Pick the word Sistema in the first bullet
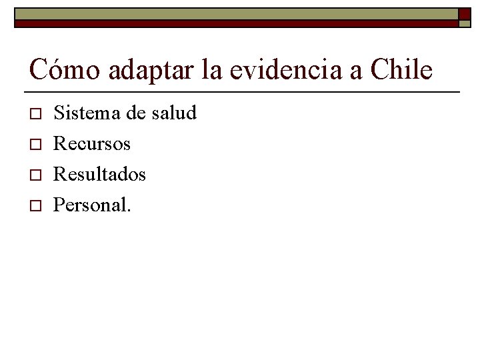[85, 113]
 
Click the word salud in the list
[174, 113]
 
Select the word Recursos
[91, 143]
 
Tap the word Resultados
[99, 174]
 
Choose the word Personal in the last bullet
[90, 205]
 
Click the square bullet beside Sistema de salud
[35, 114]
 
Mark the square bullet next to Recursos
[35, 145]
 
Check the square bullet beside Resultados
[35, 175]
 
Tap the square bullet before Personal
[35, 206]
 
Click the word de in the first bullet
[135, 113]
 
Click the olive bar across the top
[233, 14]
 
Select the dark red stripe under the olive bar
[233, 23]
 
